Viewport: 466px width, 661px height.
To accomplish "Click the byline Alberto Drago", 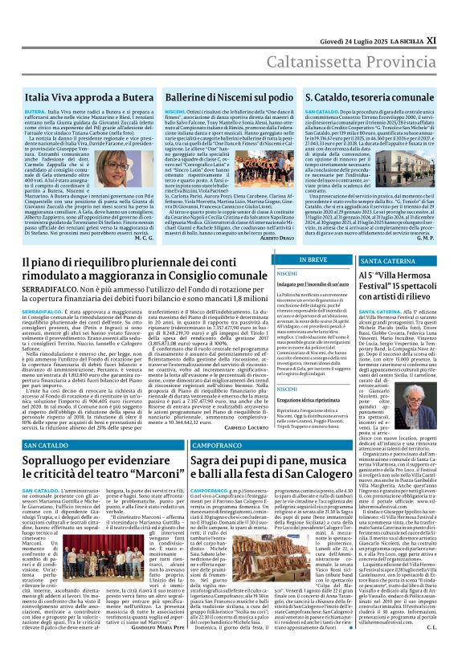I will point(274,239).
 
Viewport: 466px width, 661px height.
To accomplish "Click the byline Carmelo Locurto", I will point(271,429).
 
